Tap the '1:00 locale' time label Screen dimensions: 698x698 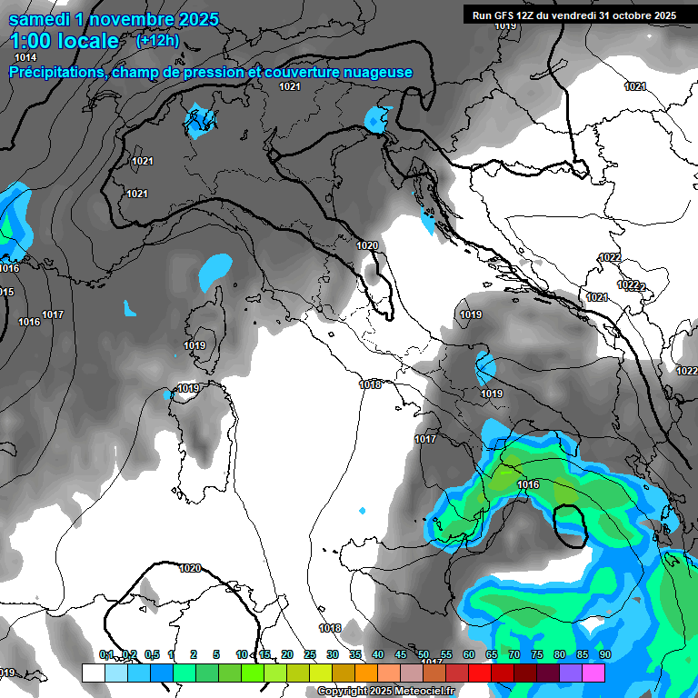tap(65, 41)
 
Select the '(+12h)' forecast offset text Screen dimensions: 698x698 tap(157, 41)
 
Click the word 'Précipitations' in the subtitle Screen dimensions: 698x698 tap(55, 73)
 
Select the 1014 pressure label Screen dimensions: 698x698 tap(25, 58)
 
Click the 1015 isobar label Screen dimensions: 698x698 tap(5, 292)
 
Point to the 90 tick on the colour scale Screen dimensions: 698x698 tap(604, 654)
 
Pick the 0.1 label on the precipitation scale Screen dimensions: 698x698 tap(106, 654)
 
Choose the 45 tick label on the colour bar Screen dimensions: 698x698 tap(401, 654)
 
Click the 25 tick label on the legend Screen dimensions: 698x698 tap(310, 654)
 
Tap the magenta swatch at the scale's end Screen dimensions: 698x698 tap(593, 673)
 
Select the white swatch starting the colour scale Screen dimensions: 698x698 tap(93, 673)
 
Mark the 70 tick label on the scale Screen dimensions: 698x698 tap(514, 654)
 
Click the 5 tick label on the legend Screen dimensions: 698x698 tap(216, 654)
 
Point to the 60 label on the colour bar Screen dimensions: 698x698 tap(469, 654)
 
